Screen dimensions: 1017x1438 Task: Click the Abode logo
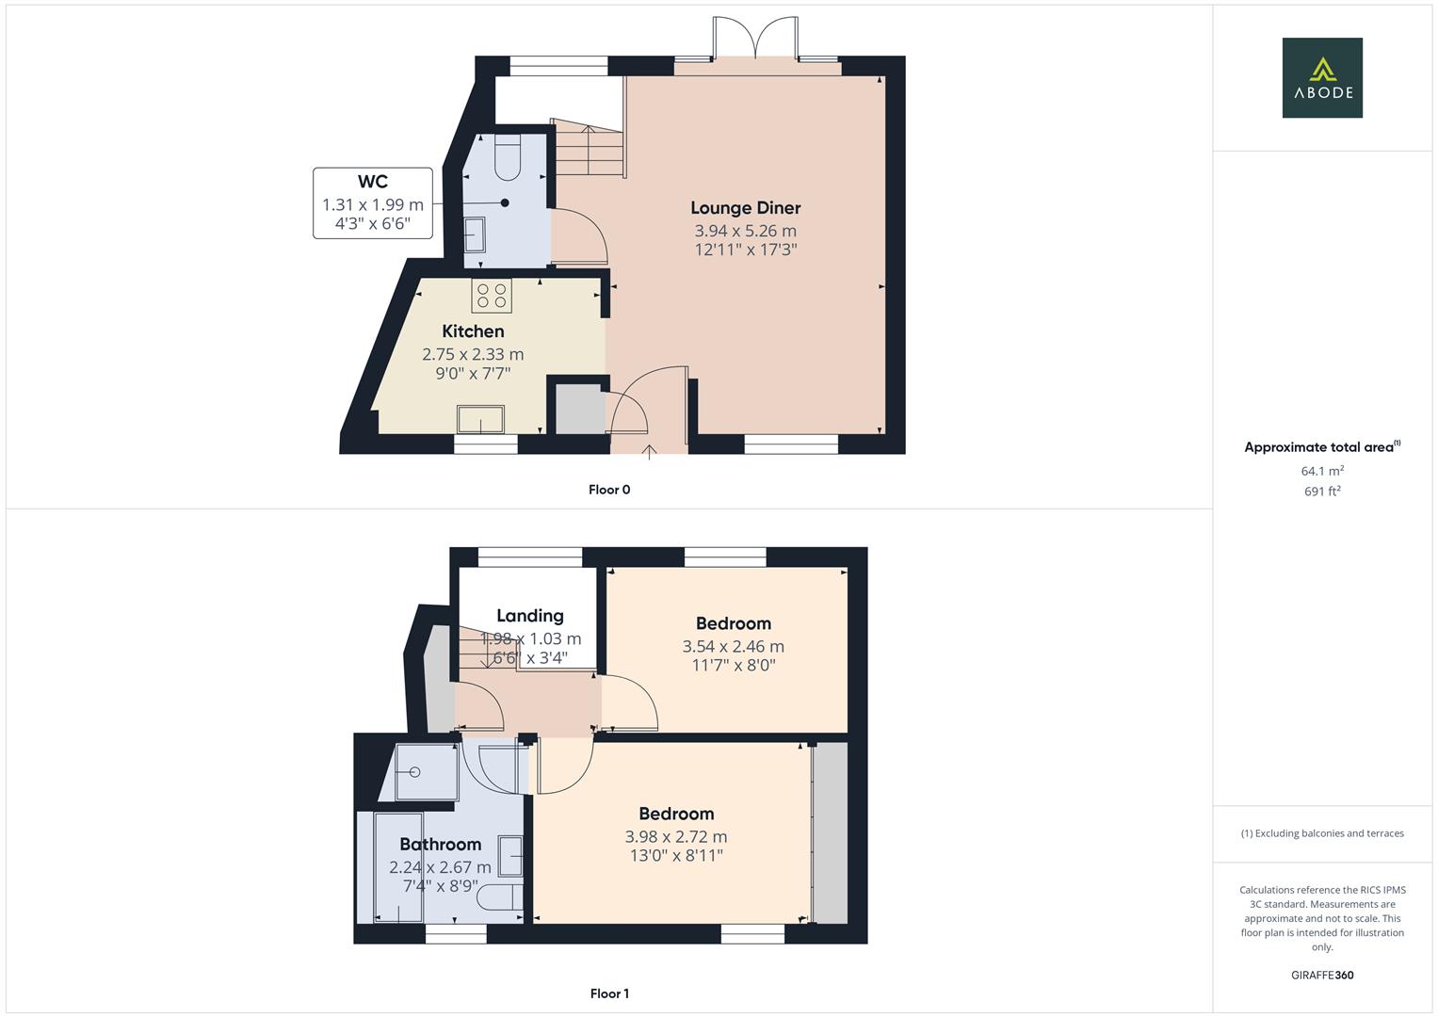pyautogui.click(x=1322, y=78)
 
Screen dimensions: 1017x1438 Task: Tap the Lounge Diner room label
pyautogui.click(x=745, y=208)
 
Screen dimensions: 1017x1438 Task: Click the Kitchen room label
pyautogui.click(x=473, y=331)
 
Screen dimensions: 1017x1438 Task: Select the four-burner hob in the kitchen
pyautogui.click(x=492, y=296)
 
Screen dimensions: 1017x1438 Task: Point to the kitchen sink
pyautogui.click(x=480, y=419)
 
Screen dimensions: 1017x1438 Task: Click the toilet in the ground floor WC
pyautogui.click(x=507, y=156)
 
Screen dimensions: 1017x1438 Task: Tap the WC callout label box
pyautogui.click(x=373, y=202)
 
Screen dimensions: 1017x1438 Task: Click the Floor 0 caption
pyautogui.click(x=609, y=490)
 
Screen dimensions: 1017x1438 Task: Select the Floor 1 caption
pyautogui.click(x=609, y=993)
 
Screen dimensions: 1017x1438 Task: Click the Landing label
pyautogui.click(x=530, y=616)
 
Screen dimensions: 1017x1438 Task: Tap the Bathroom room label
pyautogui.click(x=440, y=845)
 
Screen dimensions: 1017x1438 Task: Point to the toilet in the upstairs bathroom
pyautogui.click(x=498, y=896)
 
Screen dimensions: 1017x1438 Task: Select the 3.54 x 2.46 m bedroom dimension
pyautogui.click(x=733, y=647)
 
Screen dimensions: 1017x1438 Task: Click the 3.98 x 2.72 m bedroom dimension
pyautogui.click(x=676, y=837)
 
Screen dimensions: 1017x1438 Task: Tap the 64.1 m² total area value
pyautogui.click(x=1322, y=471)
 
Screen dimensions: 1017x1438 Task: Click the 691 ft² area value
pyautogui.click(x=1322, y=492)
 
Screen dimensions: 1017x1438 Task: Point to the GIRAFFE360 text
pyautogui.click(x=1322, y=976)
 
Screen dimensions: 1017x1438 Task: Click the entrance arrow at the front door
pyautogui.click(x=649, y=451)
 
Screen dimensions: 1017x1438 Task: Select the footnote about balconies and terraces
pyautogui.click(x=1322, y=833)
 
